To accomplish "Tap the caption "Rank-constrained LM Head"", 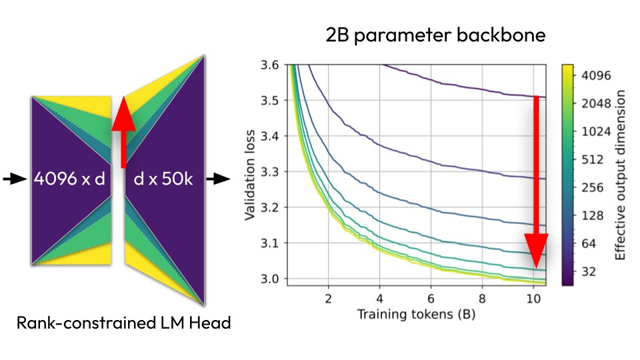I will coord(124,324).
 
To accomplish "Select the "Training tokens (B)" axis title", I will coord(417,312).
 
